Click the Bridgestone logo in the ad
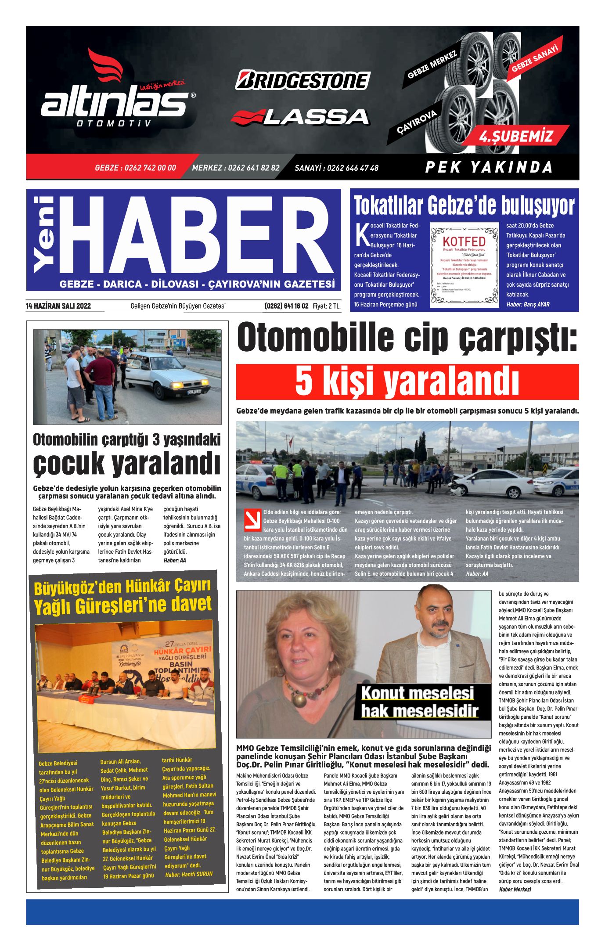tap(302, 80)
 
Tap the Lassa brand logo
tap(300, 117)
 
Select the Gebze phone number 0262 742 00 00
tap(135, 168)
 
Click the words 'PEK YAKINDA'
tap(489, 167)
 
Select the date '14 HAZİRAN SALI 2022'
tap(58, 306)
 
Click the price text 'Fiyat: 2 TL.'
tap(327, 306)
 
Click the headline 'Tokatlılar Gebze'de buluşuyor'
tap(464, 205)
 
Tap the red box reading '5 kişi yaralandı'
tap(407, 382)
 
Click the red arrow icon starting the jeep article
tap(252, 520)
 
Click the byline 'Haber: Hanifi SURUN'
tap(189, 874)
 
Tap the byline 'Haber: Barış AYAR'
tap(528, 304)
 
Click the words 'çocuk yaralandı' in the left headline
tap(126, 463)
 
